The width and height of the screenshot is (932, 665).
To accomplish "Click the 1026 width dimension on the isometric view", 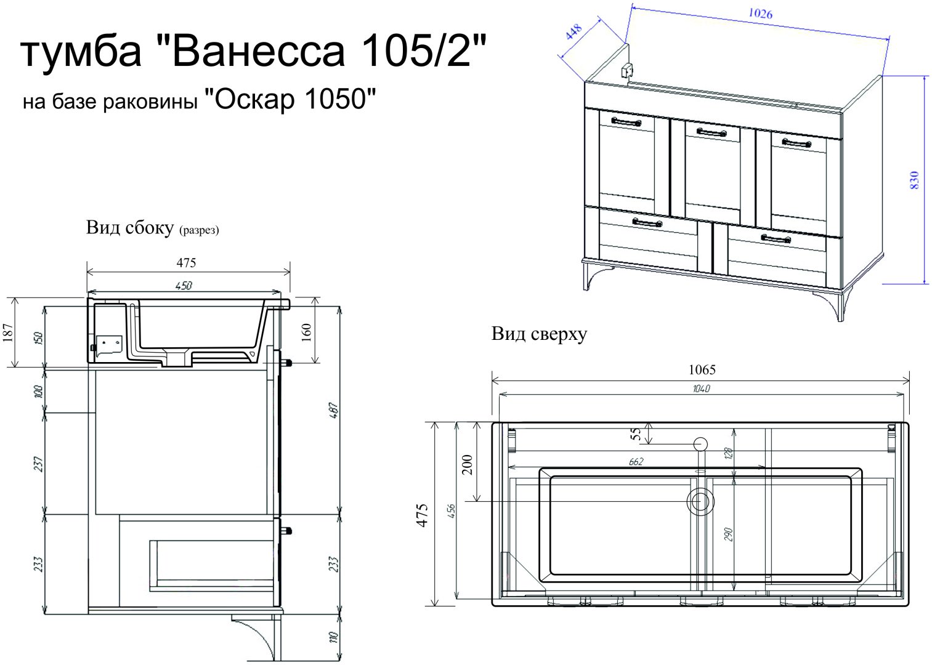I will pyautogui.click(x=760, y=14).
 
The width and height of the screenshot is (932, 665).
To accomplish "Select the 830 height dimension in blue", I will pyautogui.click(x=914, y=180).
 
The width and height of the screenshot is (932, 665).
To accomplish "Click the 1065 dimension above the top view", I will pyautogui.click(x=702, y=369).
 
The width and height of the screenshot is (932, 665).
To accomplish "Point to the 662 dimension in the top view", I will pyautogui.click(x=636, y=461).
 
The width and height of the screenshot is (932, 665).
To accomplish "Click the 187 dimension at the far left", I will pyautogui.click(x=7, y=332).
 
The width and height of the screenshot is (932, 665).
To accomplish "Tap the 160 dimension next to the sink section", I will pyautogui.click(x=307, y=331).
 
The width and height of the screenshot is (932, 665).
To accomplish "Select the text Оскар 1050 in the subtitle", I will pyautogui.click(x=290, y=99).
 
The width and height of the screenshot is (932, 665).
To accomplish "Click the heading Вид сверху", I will pyautogui.click(x=539, y=334).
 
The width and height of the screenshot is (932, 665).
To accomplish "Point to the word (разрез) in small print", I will pyautogui.click(x=199, y=230).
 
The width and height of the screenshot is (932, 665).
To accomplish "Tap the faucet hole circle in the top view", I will pyautogui.click(x=700, y=443).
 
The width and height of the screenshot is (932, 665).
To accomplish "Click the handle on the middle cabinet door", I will pyautogui.click(x=711, y=132).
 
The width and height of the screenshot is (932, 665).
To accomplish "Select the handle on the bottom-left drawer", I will pyautogui.click(x=647, y=222).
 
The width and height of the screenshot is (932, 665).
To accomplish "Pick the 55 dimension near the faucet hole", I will pyautogui.click(x=636, y=435).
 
